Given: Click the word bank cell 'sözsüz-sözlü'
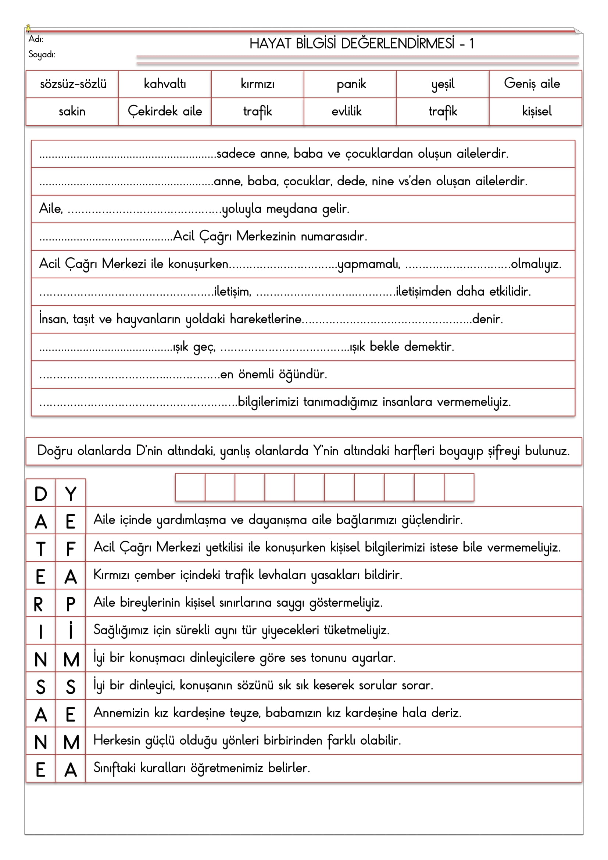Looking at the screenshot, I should (73, 84).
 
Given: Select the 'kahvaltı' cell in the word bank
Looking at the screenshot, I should (165, 84).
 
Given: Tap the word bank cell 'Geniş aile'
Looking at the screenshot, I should (532, 83).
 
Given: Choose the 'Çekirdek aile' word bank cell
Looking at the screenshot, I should (165, 111).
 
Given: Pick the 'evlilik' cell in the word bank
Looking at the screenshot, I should (347, 111).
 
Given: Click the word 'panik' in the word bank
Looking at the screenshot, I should (351, 84).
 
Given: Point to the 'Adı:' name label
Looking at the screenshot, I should (36, 39).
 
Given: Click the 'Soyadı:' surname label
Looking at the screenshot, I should (42, 55).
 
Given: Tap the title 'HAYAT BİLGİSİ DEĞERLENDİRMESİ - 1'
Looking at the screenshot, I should (361, 44).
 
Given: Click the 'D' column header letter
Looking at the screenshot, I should (41, 494).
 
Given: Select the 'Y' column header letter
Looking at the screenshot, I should (70, 494).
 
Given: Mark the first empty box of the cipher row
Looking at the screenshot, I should (190, 487).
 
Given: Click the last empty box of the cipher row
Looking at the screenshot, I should (459, 487).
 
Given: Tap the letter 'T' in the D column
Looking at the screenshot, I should (41, 549).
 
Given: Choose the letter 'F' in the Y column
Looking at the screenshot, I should (70, 549).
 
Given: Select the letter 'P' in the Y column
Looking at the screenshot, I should (70, 604).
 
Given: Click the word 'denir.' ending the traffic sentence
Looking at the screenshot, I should (487, 319).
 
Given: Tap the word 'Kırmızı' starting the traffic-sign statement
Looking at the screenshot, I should (111, 575).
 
